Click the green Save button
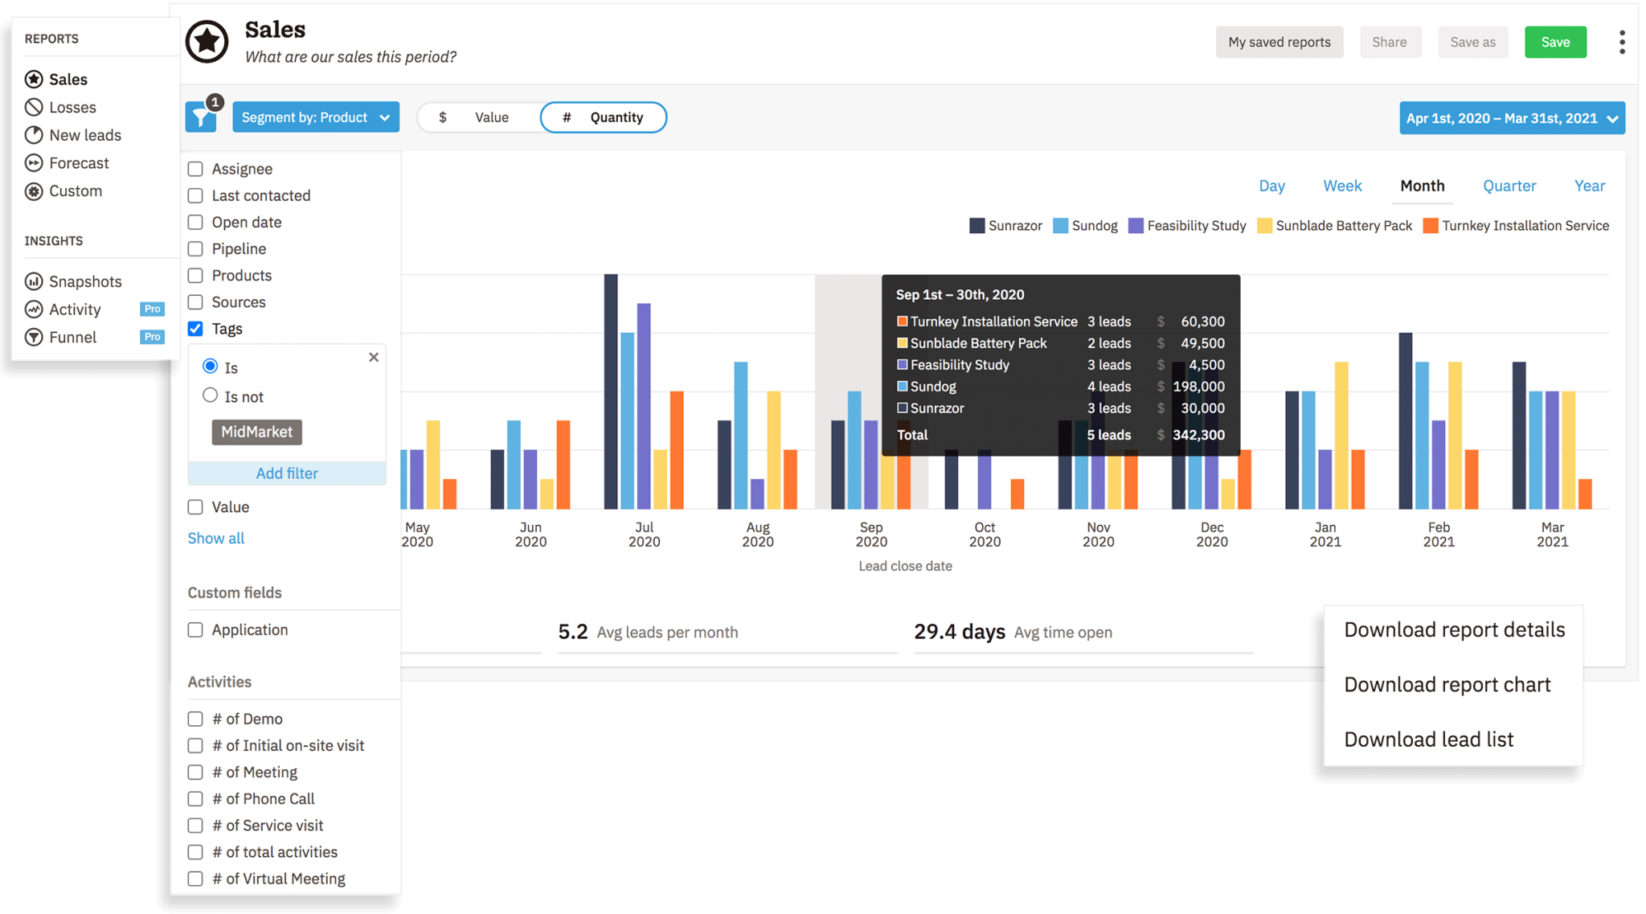1554,43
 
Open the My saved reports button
1279,43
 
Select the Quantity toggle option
604,117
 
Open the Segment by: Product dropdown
316,117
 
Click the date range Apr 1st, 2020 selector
1511,118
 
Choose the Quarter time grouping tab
1509,186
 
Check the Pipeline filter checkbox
195,249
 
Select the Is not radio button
210,396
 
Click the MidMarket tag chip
256,432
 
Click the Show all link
216,538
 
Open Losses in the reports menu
72,107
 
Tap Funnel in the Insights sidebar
72,337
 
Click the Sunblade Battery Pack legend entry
1334,226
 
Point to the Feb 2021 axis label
1438,534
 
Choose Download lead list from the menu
1428,739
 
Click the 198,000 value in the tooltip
1198,387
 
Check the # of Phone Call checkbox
195,799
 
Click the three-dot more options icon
1621,43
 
